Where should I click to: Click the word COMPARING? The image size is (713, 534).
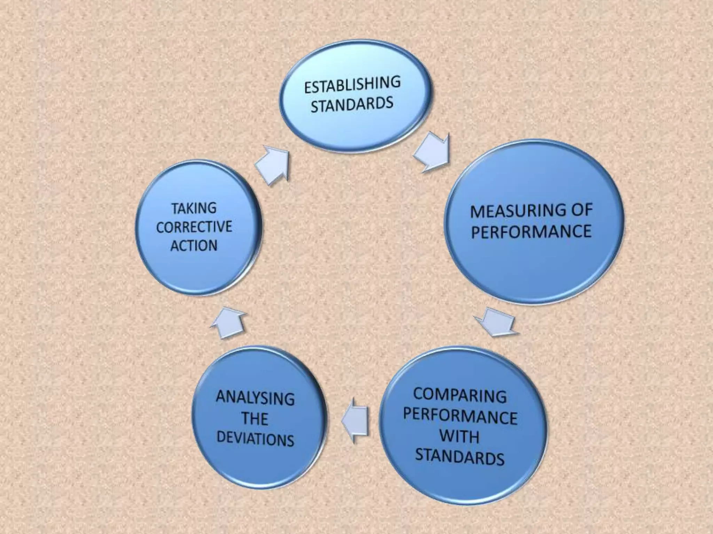point(460,396)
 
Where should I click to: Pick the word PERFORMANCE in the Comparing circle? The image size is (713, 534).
point(460,416)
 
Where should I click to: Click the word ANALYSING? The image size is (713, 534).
point(255,398)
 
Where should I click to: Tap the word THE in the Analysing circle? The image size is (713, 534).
point(255,419)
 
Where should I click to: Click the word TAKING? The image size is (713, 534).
point(194,208)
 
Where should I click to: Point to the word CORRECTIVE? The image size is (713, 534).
point(194,227)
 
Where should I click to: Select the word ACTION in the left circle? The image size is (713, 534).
point(194,246)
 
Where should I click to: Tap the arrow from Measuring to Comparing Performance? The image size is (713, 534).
point(496,322)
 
